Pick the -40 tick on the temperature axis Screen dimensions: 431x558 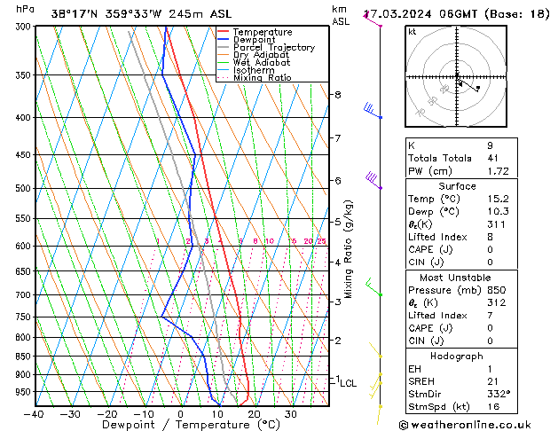tap(34, 414)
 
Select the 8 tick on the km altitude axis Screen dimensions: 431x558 tap(337, 95)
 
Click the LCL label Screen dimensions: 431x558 tap(348, 384)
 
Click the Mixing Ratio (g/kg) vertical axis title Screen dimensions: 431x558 tap(349, 248)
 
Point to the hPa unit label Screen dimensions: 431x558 tap(25, 9)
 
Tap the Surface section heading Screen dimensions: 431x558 tap(457, 186)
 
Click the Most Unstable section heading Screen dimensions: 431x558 tap(457, 278)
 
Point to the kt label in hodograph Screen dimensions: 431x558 tap(413, 32)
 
